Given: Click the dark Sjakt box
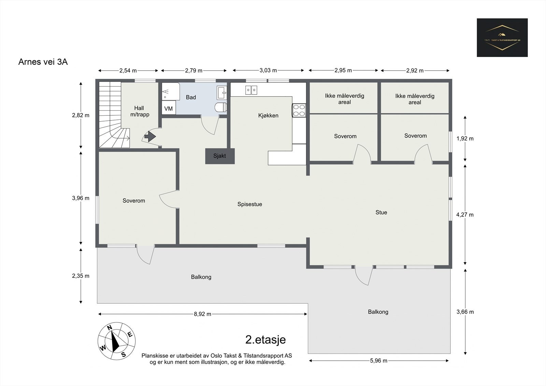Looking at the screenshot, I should pyautogui.click(x=220, y=156).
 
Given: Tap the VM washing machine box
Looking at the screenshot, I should pyautogui.click(x=169, y=108).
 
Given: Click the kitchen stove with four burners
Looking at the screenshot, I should pyautogui.click(x=299, y=110).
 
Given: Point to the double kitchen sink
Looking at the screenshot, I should pyautogui.click(x=251, y=90).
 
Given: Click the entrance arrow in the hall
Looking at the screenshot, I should pyautogui.click(x=150, y=137).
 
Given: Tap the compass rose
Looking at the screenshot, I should pyautogui.click(x=117, y=341).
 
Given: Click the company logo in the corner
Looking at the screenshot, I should pyautogui.click(x=502, y=38).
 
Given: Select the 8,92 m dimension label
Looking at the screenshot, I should pyautogui.click(x=202, y=314).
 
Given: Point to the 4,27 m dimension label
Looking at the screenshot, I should pyautogui.click(x=465, y=215).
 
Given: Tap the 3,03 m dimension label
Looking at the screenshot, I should pyautogui.click(x=268, y=70).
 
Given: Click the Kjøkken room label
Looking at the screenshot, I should pyautogui.click(x=268, y=115).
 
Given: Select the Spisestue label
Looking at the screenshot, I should pyautogui.click(x=250, y=204).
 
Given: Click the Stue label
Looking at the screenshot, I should pyautogui.click(x=381, y=212).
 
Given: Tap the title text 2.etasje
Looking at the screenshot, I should pyautogui.click(x=265, y=339).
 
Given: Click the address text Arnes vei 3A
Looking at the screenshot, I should pyautogui.click(x=43, y=62).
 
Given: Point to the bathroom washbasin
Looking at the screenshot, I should pyautogui.click(x=221, y=91).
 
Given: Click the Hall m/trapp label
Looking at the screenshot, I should pyautogui.click(x=139, y=111).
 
